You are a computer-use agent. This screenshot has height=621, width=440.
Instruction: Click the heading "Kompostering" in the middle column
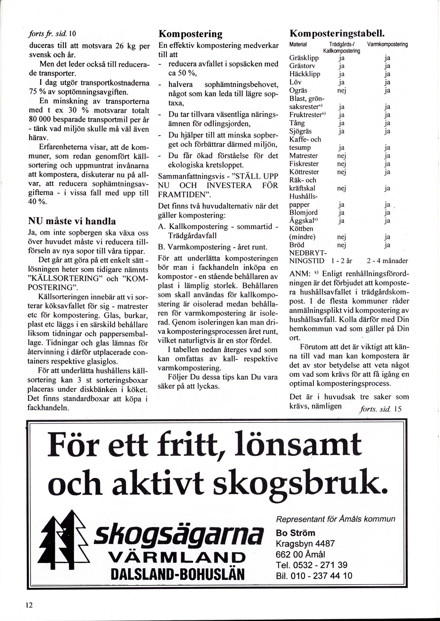(x=190, y=34)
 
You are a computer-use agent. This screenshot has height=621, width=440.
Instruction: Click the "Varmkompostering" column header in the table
(x=387, y=44)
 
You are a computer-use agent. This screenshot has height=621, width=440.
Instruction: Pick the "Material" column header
(x=298, y=45)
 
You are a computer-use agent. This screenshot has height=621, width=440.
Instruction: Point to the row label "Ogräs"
(x=298, y=90)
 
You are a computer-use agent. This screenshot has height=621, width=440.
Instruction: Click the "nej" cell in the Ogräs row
(x=342, y=90)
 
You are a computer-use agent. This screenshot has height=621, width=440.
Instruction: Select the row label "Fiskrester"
(x=304, y=164)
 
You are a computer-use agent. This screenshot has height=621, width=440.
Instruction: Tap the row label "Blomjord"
(x=303, y=213)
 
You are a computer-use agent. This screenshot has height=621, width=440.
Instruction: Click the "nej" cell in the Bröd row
(x=342, y=245)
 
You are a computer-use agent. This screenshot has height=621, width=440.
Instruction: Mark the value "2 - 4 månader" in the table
(x=387, y=261)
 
